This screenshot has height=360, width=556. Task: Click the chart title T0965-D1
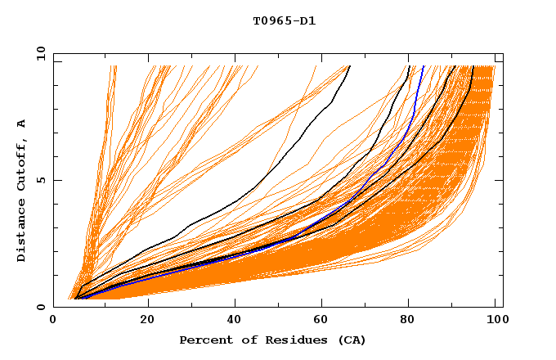coord(284,20)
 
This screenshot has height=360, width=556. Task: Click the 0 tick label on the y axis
coord(41,307)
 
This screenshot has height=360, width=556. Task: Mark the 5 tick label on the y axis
coord(41,180)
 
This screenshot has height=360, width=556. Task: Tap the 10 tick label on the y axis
coord(38,53)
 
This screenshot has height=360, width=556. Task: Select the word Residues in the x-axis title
coord(290,340)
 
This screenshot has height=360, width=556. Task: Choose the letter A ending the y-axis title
coord(21,123)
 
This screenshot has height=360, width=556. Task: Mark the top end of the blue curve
coord(424,66)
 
